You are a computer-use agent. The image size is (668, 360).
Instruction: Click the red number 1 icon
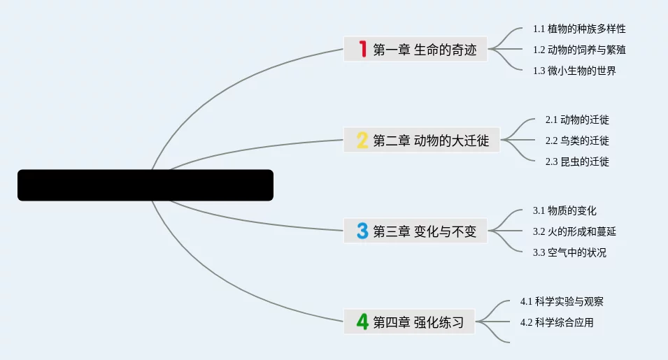362,49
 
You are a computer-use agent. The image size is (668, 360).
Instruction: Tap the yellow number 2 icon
362,141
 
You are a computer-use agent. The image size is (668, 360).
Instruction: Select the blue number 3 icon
362,231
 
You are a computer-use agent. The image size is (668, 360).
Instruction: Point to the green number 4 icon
362,322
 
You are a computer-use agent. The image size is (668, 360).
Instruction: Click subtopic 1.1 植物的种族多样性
579,29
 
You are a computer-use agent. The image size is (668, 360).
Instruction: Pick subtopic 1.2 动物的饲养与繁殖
579,50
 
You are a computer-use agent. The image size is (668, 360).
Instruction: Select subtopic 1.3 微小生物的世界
574,71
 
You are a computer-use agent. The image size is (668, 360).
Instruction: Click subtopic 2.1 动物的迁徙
577,120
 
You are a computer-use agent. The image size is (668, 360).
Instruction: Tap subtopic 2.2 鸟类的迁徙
577,141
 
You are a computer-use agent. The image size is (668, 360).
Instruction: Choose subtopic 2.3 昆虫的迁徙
577,161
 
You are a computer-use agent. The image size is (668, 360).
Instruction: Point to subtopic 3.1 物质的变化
564,210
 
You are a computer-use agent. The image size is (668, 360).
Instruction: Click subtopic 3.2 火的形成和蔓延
574,231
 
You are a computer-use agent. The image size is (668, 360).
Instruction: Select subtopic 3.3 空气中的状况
569,252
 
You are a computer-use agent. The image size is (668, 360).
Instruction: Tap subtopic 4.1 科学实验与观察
562,301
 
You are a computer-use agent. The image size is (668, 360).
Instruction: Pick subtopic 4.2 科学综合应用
557,322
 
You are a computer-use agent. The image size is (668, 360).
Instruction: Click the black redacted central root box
145,185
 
